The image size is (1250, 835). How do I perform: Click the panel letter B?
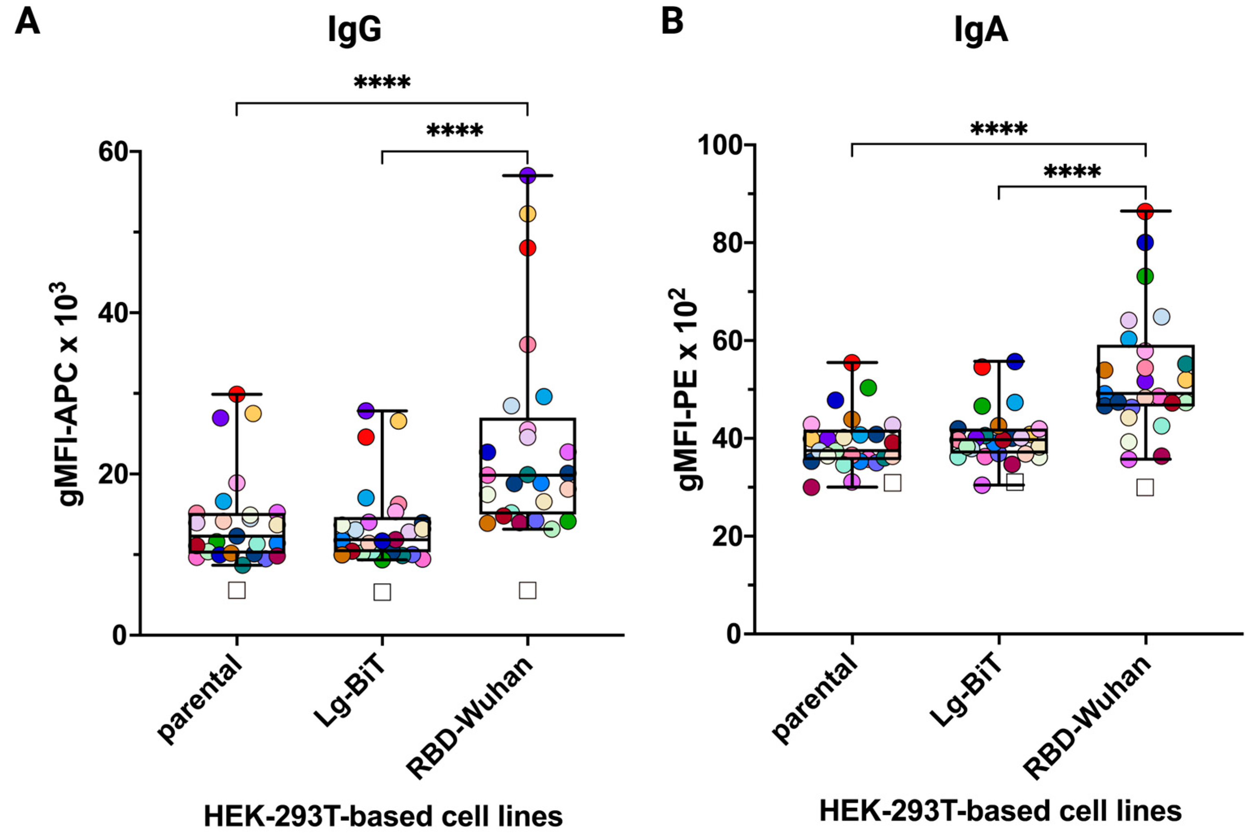click(x=672, y=22)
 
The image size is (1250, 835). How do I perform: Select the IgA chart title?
click(x=980, y=31)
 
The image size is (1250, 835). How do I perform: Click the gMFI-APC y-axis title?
click(x=69, y=394)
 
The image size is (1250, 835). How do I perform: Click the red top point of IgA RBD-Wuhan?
click(x=1145, y=211)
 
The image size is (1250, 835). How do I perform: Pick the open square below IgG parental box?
click(x=237, y=590)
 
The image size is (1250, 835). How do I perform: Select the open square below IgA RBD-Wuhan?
click(x=1145, y=488)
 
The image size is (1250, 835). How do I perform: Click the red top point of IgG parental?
click(x=237, y=395)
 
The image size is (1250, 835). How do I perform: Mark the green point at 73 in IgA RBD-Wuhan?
click(x=1145, y=276)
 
